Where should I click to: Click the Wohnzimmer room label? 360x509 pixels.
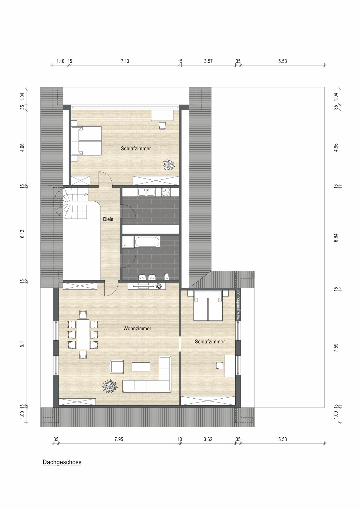coord(137,328)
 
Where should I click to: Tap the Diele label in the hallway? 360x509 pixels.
coord(108,219)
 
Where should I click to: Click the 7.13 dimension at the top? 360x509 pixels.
coord(125,61)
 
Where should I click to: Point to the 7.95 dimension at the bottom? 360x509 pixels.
coord(119,439)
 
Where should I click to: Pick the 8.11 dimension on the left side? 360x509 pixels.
coord(22,344)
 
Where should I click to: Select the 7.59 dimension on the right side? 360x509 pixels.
coord(336,348)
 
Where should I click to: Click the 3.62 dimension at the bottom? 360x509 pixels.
coord(208,439)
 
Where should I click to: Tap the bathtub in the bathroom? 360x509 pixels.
coord(147,242)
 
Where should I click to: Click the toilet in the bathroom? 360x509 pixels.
coord(167,276)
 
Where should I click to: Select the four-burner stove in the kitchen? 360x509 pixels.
coord(166,192)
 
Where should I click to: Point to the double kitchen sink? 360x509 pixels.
coord(146,192)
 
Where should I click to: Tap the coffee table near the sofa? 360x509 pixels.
coord(141,367)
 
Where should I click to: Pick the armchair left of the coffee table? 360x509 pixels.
coord(117,367)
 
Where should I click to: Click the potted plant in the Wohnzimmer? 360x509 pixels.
coord(110,386)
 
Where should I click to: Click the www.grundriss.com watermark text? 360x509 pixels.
coord(238,304)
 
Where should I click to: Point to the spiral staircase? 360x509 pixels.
coord(71,203)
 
